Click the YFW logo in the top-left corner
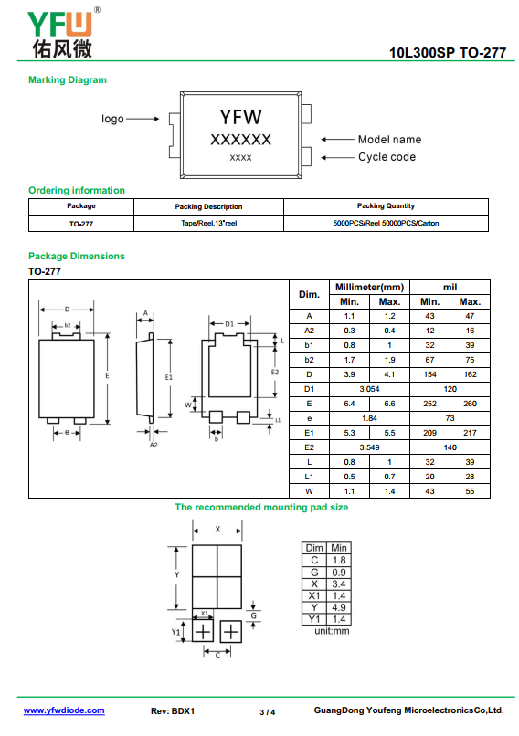(x=63, y=33)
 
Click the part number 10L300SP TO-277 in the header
(x=448, y=53)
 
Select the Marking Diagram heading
(x=68, y=79)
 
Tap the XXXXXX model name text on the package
(x=240, y=140)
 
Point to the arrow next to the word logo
(x=143, y=119)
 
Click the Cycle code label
(x=387, y=157)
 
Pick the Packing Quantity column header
(x=386, y=206)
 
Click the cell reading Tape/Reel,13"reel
(x=209, y=224)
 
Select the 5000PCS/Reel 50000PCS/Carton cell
(x=386, y=224)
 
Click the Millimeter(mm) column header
(x=370, y=288)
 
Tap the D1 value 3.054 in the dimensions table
(x=370, y=389)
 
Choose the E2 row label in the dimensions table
(x=309, y=447)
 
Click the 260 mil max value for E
(x=470, y=404)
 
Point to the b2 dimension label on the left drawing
(x=68, y=325)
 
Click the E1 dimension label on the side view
(x=169, y=377)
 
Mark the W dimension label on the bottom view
(x=188, y=405)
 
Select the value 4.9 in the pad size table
(x=339, y=607)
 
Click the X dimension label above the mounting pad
(x=217, y=530)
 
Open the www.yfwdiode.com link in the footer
(x=64, y=710)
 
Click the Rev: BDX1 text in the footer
(x=173, y=711)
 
